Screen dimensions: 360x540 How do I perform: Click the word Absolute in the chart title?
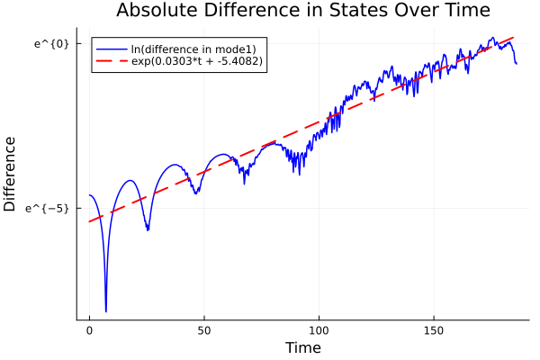pos(156,12)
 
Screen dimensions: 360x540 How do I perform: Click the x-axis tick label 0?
pos(89,330)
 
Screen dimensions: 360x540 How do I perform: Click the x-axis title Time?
pos(302,347)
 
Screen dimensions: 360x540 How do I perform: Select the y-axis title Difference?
pos(11,174)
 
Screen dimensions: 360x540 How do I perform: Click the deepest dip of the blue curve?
pos(106,310)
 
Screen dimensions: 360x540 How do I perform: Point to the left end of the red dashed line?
pos(89,221)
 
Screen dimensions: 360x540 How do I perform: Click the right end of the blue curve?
pos(517,64)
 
